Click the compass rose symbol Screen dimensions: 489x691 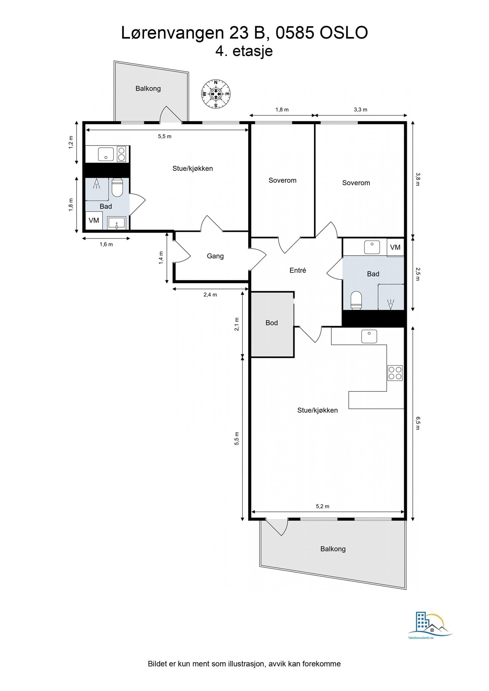pos(216,94)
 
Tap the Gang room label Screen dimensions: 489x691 pos(215,256)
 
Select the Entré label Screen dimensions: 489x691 pos(298,270)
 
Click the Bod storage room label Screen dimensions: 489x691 pos(272,323)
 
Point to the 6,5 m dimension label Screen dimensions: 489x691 pos(418,423)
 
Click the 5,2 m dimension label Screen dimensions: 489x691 pos(323,506)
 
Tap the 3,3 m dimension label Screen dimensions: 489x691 pos(360,110)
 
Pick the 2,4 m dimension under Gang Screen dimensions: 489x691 pos(210,295)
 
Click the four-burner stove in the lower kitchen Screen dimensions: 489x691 pos(395,373)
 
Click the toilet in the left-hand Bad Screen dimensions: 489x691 pos(117,188)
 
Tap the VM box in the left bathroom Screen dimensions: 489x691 pos(94,221)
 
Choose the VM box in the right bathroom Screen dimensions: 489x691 pos(395,247)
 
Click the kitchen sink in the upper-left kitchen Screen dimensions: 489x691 pos(106,154)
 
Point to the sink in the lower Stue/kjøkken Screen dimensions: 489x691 pos(369,336)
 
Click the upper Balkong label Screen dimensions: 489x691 pos(148,88)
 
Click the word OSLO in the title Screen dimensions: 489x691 pos(343,33)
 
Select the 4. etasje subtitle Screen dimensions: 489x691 pos(244,51)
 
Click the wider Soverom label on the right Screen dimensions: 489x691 pos(356,183)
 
